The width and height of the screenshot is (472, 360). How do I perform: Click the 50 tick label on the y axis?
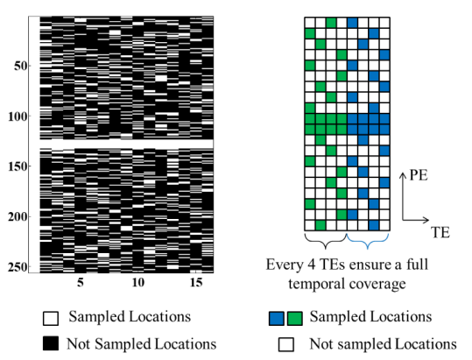[20, 66]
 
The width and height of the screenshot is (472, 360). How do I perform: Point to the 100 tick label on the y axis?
[18, 116]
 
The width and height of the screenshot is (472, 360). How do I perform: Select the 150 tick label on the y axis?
[18, 166]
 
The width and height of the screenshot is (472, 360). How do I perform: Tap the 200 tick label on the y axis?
[18, 216]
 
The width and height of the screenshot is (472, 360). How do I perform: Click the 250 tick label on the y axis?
[18, 266]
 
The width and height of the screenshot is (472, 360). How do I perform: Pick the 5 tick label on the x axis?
[80, 282]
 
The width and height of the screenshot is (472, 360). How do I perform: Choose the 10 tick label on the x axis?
[138, 282]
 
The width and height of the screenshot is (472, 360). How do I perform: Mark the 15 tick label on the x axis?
[196, 282]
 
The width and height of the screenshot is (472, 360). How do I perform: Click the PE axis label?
[419, 175]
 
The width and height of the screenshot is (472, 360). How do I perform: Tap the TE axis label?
[440, 232]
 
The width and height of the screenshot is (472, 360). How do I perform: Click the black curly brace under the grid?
[326, 241]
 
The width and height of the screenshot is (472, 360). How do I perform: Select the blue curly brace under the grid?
[368, 241]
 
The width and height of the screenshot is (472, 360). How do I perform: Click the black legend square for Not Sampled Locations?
[51, 343]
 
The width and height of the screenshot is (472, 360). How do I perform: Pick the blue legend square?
[277, 319]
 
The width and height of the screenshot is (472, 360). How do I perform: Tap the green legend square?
[295, 319]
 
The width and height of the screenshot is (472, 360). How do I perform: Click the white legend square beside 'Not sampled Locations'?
[286, 344]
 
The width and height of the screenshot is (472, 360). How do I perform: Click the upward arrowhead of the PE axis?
[403, 174]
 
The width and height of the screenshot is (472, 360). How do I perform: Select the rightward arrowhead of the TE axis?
[426, 220]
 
